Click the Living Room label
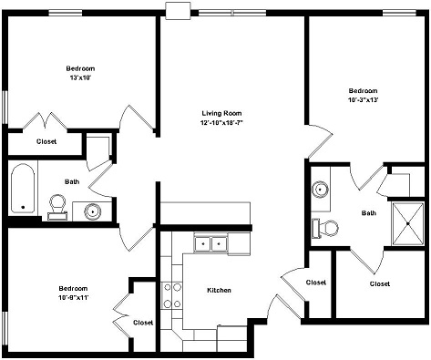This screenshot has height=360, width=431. pyautogui.click(x=221, y=113)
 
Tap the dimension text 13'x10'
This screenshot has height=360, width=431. pyautogui.click(x=80, y=77)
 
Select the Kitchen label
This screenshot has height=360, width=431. pyautogui.click(x=219, y=290)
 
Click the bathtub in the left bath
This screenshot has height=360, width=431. pyautogui.click(x=23, y=188)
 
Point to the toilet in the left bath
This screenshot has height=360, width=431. pyautogui.click(x=57, y=207)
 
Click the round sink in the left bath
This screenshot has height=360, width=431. pyautogui.click(x=92, y=211)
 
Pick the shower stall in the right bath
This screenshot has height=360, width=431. pyautogui.click(x=408, y=223)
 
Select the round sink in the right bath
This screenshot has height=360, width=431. pyautogui.click(x=320, y=190)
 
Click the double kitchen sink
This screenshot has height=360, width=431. pyautogui.click(x=210, y=243)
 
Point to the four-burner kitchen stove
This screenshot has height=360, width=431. pyautogui.click(x=171, y=295)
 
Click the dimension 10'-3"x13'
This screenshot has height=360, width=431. pyautogui.click(x=363, y=100)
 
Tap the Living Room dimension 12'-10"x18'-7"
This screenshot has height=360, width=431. pyautogui.click(x=222, y=123)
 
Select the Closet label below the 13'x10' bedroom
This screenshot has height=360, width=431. pyautogui.click(x=46, y=141)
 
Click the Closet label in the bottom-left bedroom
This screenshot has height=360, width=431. pyautogui.click(x=143, y=323)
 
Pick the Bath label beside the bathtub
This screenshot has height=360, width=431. pyautogui.click(x=72, y=181)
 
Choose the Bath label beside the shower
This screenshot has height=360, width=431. pyautogui.click(x=369, y=213)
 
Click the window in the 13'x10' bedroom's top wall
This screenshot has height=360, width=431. pyautogui.click(x=66, y=13)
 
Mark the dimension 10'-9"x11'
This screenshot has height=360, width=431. pyautogui.click(x=73, y=298)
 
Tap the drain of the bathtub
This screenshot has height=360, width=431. pyautogui.click(x=23, y=207)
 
